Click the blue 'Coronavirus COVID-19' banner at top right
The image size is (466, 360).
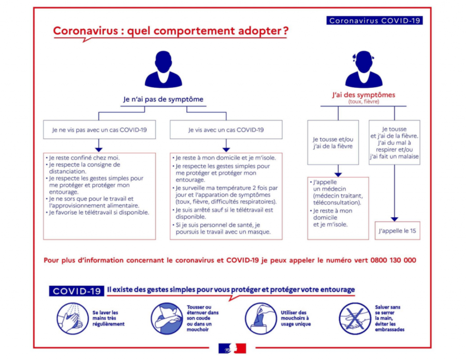pos(375,20)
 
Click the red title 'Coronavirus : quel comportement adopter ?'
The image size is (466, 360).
pos(171,30)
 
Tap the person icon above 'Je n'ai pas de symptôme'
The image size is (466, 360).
pos(163,69)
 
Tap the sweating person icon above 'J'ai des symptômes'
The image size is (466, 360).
pos(364,69)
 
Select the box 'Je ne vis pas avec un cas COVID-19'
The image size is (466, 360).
pos(99,130)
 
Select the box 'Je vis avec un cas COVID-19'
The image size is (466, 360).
pos(226,130)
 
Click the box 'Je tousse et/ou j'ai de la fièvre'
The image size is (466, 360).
pos(333,142)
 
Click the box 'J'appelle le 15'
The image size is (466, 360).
pos(397,231)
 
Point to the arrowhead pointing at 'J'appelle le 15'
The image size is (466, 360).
pos(395,219)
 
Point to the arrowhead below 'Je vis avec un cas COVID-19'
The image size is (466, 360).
pos(226,150)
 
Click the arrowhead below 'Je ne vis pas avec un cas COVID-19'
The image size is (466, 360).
pos(99,150)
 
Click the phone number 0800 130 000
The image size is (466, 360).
pos(393,260)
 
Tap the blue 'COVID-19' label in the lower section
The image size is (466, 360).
pos(76,291)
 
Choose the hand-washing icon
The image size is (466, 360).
pos(72,319)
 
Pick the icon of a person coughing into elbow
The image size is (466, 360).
pos(167,319)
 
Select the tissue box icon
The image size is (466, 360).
pos(261,319)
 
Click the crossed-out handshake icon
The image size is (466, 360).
pos(355,319)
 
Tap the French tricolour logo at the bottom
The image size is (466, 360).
pos(232,348)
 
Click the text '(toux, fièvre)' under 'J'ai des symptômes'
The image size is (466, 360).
pos(364,101)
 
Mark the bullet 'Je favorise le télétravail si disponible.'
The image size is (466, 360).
pos(97,213)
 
